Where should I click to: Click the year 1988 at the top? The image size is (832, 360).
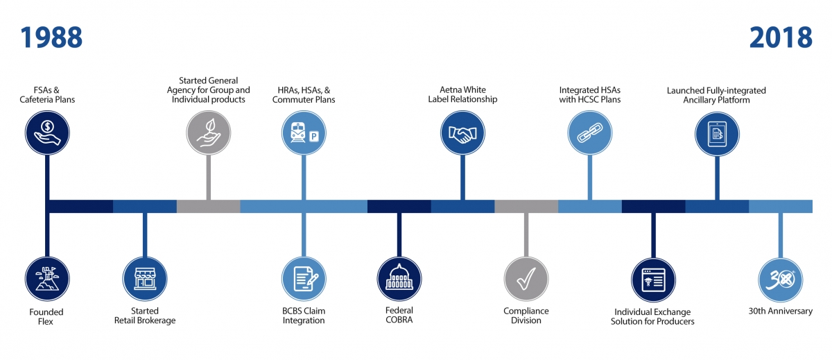(51, 37)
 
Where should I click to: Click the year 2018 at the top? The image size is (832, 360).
(781, 37)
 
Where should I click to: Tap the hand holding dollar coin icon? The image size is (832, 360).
(47, 132)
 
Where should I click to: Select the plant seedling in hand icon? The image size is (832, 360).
(209, 132)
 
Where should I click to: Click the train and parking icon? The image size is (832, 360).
(304, 132)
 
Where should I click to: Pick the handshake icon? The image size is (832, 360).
(463, 132)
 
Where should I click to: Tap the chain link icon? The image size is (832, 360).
(590, 132)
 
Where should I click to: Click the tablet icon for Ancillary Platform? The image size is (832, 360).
(717, 134)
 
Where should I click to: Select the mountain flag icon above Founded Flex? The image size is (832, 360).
(47, 279)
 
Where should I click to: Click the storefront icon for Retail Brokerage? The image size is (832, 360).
(145, 279)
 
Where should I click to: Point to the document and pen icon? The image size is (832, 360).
(304, 279)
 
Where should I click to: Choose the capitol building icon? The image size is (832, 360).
(399, 279)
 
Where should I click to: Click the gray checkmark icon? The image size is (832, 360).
(526, 279)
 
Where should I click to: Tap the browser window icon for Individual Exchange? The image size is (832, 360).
(653, 280)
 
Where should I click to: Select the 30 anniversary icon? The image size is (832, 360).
(781, 280)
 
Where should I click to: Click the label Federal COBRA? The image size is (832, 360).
(399, 315)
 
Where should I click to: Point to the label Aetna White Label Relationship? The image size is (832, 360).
(463, 94)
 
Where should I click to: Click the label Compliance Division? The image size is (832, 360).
(526, 316)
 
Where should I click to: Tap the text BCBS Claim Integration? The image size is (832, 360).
(304, 316)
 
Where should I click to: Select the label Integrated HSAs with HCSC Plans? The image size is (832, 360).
(590, 95)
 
